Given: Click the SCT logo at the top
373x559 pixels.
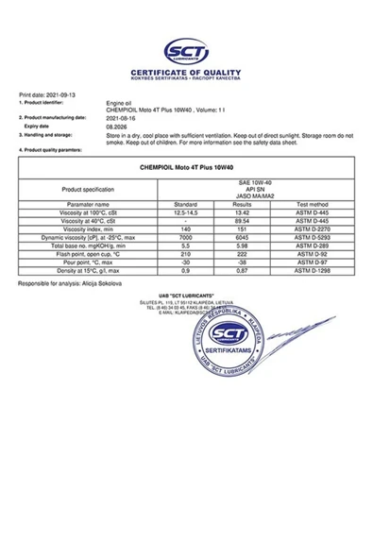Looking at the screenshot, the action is point(186,52).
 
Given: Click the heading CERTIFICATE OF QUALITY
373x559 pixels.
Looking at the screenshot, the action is point(186,72).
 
